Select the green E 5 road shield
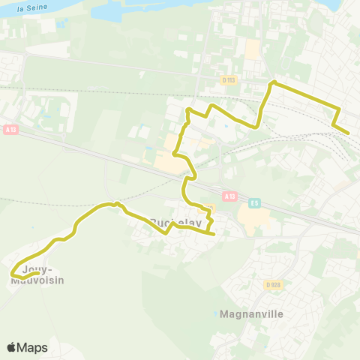254,202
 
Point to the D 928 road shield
273,285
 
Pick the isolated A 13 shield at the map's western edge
10,129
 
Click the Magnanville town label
252,313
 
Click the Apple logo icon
12,347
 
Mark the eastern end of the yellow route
348,133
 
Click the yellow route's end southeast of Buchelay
214,234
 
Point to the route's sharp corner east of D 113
274,82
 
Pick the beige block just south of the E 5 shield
253,220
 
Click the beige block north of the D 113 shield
253,49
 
